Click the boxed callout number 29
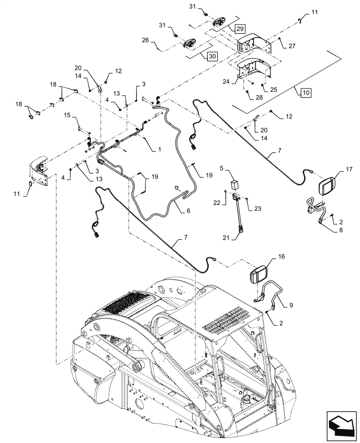point(239,29)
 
